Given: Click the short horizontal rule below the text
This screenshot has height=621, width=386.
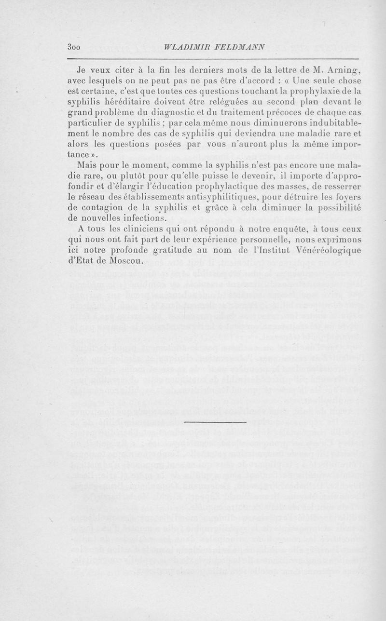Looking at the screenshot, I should (x=193, y=423).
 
